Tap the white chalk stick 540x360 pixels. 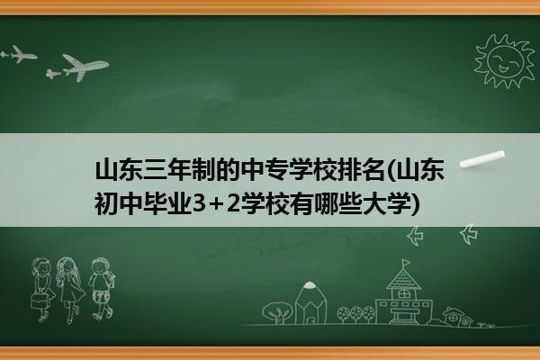click(482, 159)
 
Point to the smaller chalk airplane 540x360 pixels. click(19, 54)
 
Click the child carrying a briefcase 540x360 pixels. click(42, 290)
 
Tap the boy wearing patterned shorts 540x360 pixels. click(102, 289)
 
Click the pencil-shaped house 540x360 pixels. click(310, 302)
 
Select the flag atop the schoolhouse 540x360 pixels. click(407, 263)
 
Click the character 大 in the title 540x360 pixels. click(374, 203)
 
